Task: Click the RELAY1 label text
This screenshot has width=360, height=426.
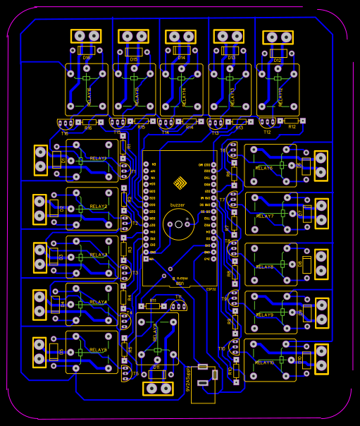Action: click(98, 159)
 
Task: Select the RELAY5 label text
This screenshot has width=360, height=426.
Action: click(98, 350)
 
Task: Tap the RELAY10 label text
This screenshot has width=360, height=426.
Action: click(265, 363)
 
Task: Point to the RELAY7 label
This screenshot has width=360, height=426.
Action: click(265, 217)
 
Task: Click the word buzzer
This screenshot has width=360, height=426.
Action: click(178, 205)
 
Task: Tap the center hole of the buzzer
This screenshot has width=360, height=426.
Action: click(178, 226)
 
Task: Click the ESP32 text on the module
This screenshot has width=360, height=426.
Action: click(210, 288)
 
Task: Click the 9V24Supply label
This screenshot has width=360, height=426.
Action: click(188, 379)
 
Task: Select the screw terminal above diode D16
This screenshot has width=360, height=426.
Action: click(86, 36)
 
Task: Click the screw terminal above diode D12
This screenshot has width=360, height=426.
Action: click(278, 37)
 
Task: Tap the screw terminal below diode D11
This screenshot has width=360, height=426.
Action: click(157, 389)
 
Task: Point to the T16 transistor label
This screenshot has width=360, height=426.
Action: click(65, 133)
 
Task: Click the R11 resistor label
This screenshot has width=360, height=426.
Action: click(153, 300)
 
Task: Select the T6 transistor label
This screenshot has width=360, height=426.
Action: click(223, 150)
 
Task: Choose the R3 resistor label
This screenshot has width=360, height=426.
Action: click(130, 249)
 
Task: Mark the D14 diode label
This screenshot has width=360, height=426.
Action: click(181, 58)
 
